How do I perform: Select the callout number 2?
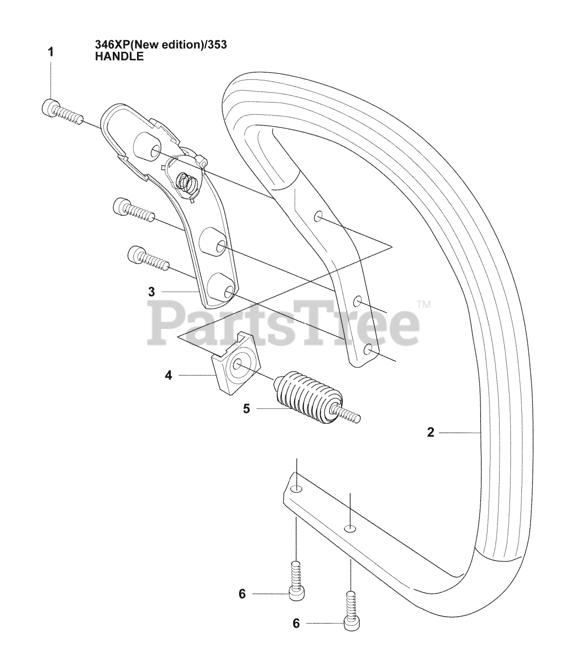[430, 433]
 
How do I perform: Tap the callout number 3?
[151, 292]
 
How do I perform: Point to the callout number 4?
[168, 376]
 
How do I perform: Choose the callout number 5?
[246, 408]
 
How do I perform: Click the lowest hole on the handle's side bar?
[369, 349]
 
